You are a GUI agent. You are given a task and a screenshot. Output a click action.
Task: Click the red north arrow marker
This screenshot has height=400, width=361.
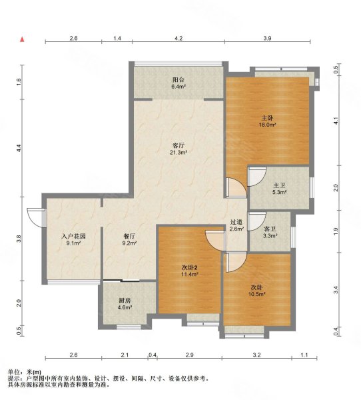pyautogui.click(x=23, y=39)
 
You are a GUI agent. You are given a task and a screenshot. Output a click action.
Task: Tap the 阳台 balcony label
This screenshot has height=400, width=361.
pyautogui.click(x=179, y=79)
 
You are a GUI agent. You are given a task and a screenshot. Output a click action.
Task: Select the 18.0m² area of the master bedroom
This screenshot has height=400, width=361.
pyautogui.click(x=268, y=125)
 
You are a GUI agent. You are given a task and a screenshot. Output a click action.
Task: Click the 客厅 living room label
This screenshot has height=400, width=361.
pyautogui.click(x=179, y=145)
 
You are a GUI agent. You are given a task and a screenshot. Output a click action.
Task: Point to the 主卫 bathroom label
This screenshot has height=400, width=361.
pyautogui.click(x=280, y=185)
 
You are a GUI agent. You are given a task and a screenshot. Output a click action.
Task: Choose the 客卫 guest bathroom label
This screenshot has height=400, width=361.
pyautogui.click(x=270, y=229)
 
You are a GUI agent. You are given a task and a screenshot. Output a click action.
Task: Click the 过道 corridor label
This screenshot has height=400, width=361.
pyautogui.click(x=236, y=222)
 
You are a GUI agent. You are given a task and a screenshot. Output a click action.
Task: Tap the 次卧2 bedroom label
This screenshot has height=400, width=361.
pyautogui.click(x=190, y=267)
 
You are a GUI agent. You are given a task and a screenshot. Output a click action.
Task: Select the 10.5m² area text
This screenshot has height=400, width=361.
pyautogui.click(x=257, y=294)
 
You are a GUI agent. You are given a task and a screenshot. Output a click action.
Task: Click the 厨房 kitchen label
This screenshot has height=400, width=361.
pyautogui.click(x=125, y=301)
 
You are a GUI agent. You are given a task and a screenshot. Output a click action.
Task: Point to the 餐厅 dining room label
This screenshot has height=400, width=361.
pyautogui.click(x=129, y=236)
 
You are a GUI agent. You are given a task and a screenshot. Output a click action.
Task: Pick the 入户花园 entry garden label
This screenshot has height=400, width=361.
pyautogui.click(x=74, y=236)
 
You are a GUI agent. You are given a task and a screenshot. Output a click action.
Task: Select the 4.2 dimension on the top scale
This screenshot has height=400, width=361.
pyautogui.click(x=179, y=38)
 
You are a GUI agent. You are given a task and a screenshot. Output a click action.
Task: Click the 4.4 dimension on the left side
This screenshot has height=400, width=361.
pyautogui.click(x=19, y=149)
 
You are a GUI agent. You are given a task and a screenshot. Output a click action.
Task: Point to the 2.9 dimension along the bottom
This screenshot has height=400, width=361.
pyautogui.click(x=189, y=355)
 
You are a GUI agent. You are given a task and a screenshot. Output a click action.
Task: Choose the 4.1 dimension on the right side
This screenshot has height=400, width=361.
pyautogui.click(x=336, y=121)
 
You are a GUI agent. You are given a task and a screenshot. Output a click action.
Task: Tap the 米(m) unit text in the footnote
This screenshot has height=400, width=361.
pyautogui.click(x=34, y=373)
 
